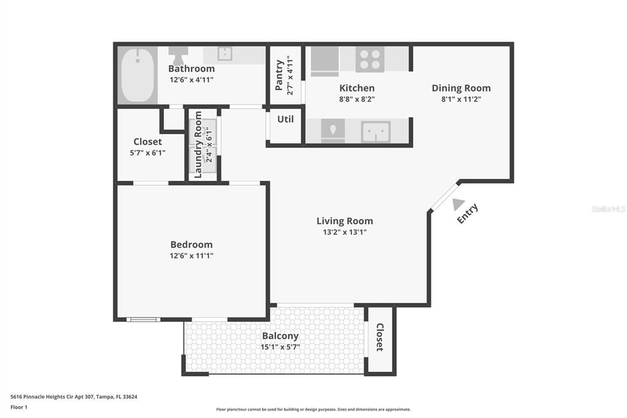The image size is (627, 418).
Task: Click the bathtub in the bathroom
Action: [137, 75]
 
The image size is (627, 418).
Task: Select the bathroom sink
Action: [225, 54]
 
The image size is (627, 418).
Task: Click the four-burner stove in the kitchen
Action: [369, 59]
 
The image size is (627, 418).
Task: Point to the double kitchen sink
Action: [375, 131]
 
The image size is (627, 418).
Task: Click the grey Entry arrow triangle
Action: [457, 205]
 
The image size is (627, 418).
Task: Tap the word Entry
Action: [468, 214]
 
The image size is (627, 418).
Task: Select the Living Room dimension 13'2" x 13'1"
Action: [344, 232]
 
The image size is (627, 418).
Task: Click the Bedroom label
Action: [191, 245]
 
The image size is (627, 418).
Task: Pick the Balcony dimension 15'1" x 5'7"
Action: [280, 347]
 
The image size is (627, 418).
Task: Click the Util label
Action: [285, 120]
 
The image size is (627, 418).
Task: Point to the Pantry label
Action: [280, 75]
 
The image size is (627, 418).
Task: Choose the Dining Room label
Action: [460, 88]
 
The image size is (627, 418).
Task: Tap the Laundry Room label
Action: [198, 144]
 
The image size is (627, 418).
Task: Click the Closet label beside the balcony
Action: [380, 337]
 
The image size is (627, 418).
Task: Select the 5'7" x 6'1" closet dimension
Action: [148, 153]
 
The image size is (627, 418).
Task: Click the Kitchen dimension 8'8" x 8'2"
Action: [356, 99]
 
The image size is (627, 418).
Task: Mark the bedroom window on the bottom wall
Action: [143, 319]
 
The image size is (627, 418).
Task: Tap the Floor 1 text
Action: [19, 407]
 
